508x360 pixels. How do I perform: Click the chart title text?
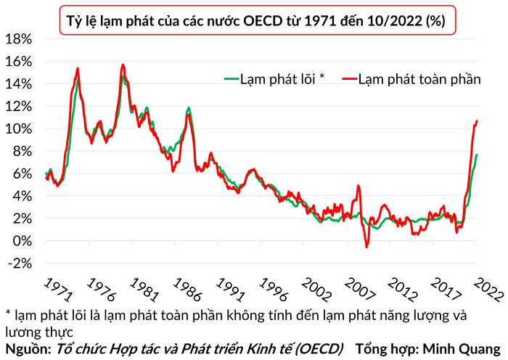tap(256, 21)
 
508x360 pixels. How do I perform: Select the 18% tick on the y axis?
tap(19, 39)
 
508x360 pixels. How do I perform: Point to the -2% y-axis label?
tap(20, 263)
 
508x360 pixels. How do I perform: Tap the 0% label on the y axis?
tap(22, 242)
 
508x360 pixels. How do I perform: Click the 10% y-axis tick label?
tap(19, 129)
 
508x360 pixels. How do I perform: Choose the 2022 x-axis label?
tap(488, 290)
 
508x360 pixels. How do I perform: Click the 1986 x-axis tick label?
tap(187, 290)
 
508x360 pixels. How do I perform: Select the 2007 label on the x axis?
tap(360, 290)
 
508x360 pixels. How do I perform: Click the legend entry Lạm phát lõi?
tap(274, 78)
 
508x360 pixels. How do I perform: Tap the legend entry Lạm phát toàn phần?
tap(411, 79)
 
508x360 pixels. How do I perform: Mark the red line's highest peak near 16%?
tap(123, 65)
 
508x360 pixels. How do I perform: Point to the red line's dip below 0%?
tap(366, 247)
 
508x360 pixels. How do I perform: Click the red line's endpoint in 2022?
tap(477, 121)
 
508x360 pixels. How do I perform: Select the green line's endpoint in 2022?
tap(477, 155)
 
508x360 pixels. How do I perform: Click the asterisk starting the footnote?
tap(9, 313)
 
